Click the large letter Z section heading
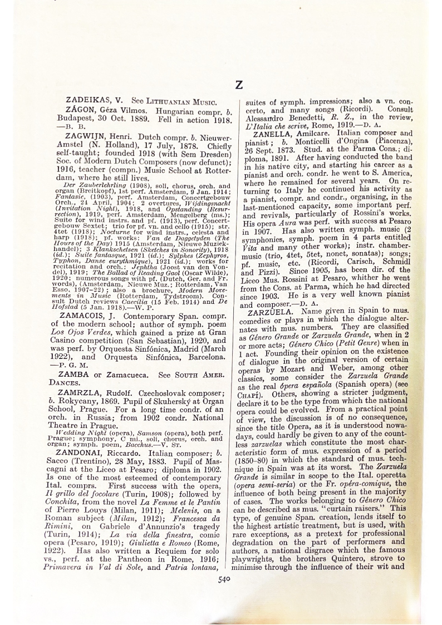tap(238, 85)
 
